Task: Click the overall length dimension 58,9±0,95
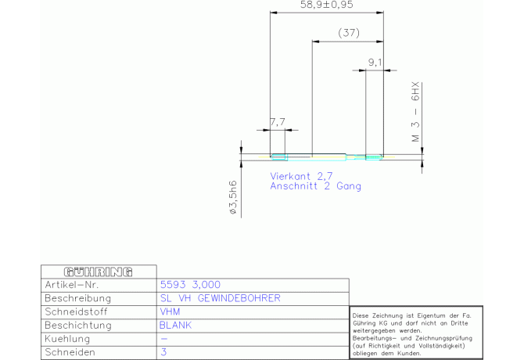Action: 326,5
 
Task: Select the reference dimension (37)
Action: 349,33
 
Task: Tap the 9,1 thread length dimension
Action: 375,62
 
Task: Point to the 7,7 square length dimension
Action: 278,122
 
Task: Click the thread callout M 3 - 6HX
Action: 415,113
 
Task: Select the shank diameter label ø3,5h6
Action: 233,197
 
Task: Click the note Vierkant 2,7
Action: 301,176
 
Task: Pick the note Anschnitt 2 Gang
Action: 315,186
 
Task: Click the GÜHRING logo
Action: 99,272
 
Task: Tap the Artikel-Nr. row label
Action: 72,285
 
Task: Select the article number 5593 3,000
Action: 190,285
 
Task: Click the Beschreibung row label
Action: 77,298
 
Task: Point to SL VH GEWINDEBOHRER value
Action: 221,298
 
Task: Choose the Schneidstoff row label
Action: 76,311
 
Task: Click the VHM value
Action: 170,311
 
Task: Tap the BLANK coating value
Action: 175,326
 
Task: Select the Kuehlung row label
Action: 67,339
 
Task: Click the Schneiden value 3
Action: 163,352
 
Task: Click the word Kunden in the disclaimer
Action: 409,353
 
